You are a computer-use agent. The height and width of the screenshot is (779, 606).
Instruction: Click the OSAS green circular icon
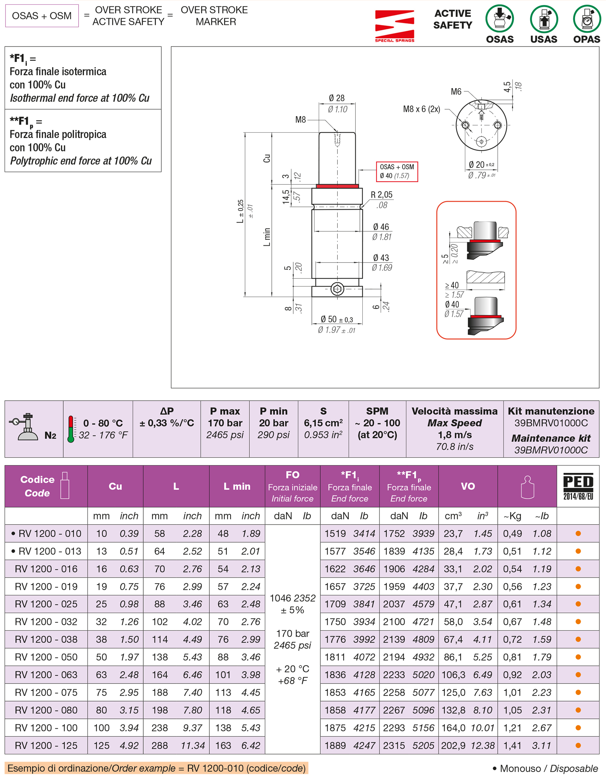click(x=499, y=19)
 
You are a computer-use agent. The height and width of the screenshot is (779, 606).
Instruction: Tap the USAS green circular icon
click(x=544, y=19)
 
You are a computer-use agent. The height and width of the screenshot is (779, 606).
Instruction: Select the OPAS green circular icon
click(x=587, y=19)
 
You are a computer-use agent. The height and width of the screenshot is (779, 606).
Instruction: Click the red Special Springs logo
click(x=395, y=25)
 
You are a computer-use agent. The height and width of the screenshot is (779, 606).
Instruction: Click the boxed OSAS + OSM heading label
click(x=42, y=16)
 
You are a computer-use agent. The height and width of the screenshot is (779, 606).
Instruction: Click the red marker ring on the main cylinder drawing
click(x=337, y=186)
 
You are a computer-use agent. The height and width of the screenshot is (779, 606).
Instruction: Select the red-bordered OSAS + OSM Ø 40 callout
click(x=397, y=172)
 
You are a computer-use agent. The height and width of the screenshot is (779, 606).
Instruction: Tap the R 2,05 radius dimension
click(x=381, y=195)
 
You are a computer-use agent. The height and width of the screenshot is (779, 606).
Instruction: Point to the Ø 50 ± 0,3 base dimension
click(x=336, y=319)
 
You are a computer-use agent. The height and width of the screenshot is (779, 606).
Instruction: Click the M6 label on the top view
click(x=456, y=92)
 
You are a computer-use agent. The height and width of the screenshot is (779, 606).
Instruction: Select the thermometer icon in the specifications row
click(x=71, y=429)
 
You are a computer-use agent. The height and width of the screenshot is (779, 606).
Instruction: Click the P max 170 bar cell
click(x=225, y=423)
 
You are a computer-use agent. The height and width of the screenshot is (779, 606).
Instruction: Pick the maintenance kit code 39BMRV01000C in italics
click(x=551, y=450)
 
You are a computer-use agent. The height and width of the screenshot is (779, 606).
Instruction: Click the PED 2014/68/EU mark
click(x=578, y=486)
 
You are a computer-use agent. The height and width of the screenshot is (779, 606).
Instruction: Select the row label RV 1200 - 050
click(x=46, y=657)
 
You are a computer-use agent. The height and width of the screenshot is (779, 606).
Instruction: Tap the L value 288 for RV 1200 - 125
click(x=160, y=746)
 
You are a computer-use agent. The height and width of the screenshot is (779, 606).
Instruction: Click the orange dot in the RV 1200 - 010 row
click(x=578, y=534)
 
